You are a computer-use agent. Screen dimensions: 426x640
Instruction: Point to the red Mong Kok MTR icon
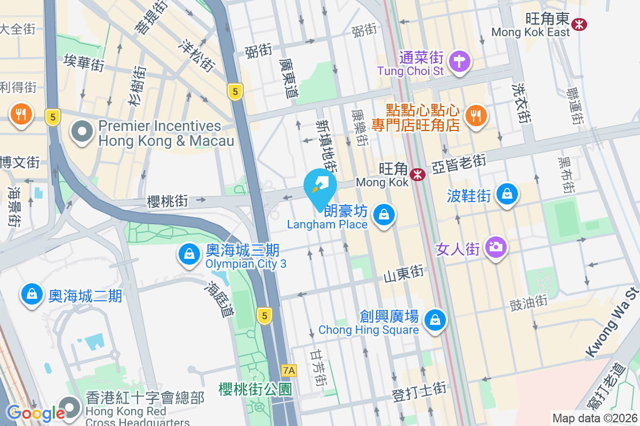[x=418, y=174]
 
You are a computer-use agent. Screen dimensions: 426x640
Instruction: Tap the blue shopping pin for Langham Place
[x=383, y=215]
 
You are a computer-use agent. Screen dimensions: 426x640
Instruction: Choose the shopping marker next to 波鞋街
[x=505, y=194]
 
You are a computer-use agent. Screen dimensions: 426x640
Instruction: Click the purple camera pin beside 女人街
[x=496, y=247]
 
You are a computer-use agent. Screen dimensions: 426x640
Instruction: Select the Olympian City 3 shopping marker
[x=189, y=255]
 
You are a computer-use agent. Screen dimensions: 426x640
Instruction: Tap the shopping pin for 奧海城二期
[x=32, y=294]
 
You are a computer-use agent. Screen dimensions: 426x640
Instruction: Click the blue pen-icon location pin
[x=320, y=186]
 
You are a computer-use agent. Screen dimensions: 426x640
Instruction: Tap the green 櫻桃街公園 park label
[x=255, y=389]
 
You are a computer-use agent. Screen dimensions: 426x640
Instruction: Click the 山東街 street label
[x=403, y=274]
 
